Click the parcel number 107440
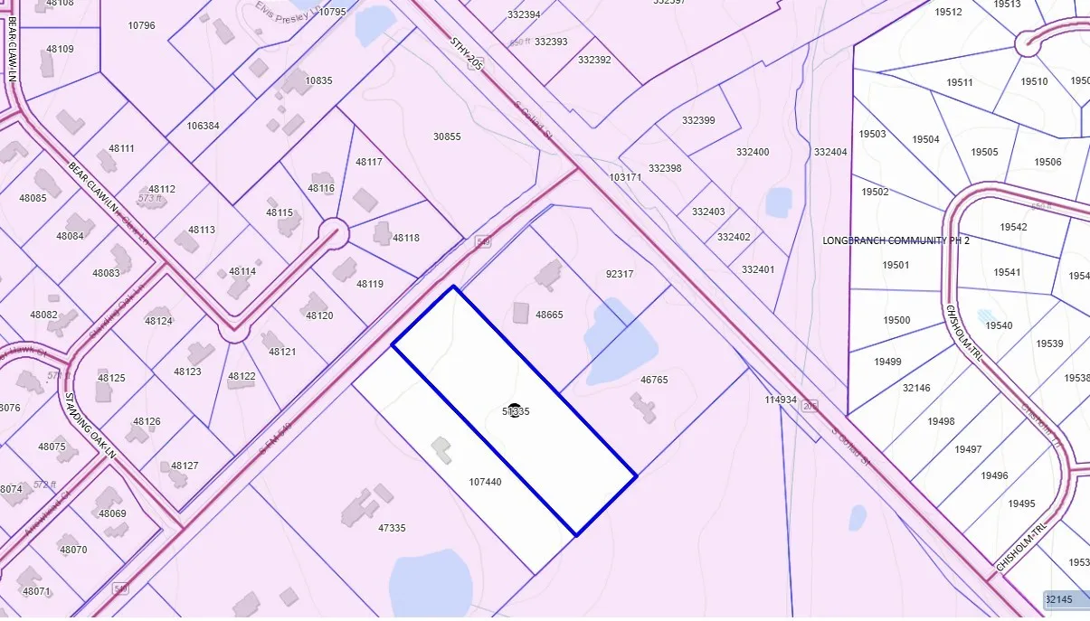[485, 482]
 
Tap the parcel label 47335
[391, 528]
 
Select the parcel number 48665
[549, 315]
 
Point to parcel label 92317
[619, 274]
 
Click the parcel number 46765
[653, 380]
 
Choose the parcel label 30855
[447, 136]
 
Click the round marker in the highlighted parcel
[515, 410]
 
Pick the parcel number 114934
[780, 399]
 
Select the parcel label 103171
[625, 177]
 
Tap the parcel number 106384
[203, 126]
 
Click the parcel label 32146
[916, 388]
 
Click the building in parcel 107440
[441, 449]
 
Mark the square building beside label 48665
[521, 313]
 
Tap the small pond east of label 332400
[779, 202]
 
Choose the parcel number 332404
[830, 152]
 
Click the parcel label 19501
[896, 265]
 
